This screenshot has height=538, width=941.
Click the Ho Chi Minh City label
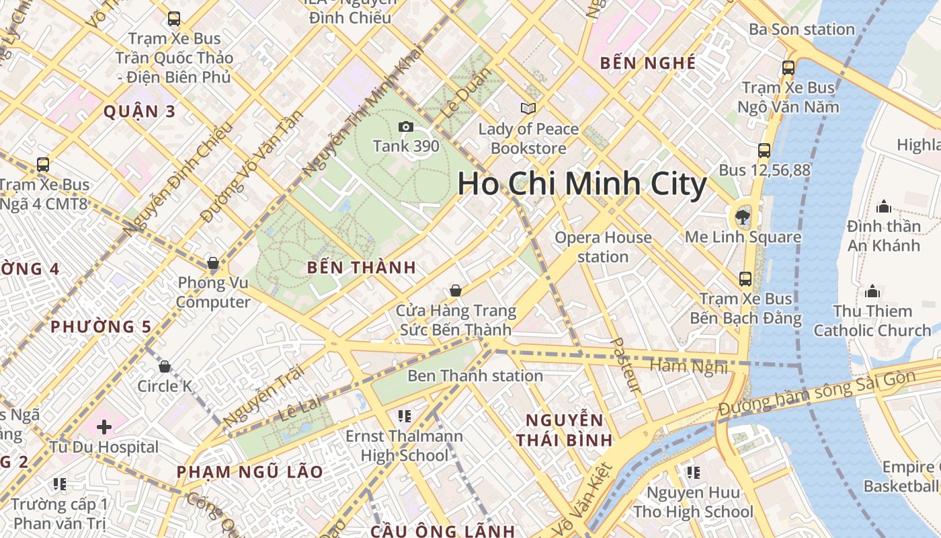pos(582,184)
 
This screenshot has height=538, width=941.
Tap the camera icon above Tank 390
pos(406,126)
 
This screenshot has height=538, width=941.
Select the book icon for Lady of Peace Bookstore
pos(528,108)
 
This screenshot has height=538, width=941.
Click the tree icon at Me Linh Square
pos(743,217)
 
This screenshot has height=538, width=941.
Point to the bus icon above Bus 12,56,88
pos(764,151)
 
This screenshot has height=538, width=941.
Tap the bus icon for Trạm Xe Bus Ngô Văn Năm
pos(788,68)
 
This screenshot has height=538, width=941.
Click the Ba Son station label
pos(801,30)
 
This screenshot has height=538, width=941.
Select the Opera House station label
pos(603,247)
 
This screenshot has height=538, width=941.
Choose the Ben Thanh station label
pos(475,375)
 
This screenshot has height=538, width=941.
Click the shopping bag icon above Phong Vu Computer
pos(213,263)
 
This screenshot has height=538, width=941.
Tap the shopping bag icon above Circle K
pos(165,367)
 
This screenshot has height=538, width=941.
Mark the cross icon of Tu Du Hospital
pos(104,427)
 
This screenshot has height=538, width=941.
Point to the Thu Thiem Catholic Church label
pos(872,321)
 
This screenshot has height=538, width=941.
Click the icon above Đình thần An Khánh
pos(884,206)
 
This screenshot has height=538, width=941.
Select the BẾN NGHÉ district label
pos(647,63)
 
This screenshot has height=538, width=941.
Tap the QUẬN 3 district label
pos(139,112)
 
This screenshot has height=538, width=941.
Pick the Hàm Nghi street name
pos(689,367)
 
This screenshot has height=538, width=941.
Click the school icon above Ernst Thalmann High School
pos(404,416)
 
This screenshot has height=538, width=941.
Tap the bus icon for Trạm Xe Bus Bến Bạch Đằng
pos(745,278)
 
